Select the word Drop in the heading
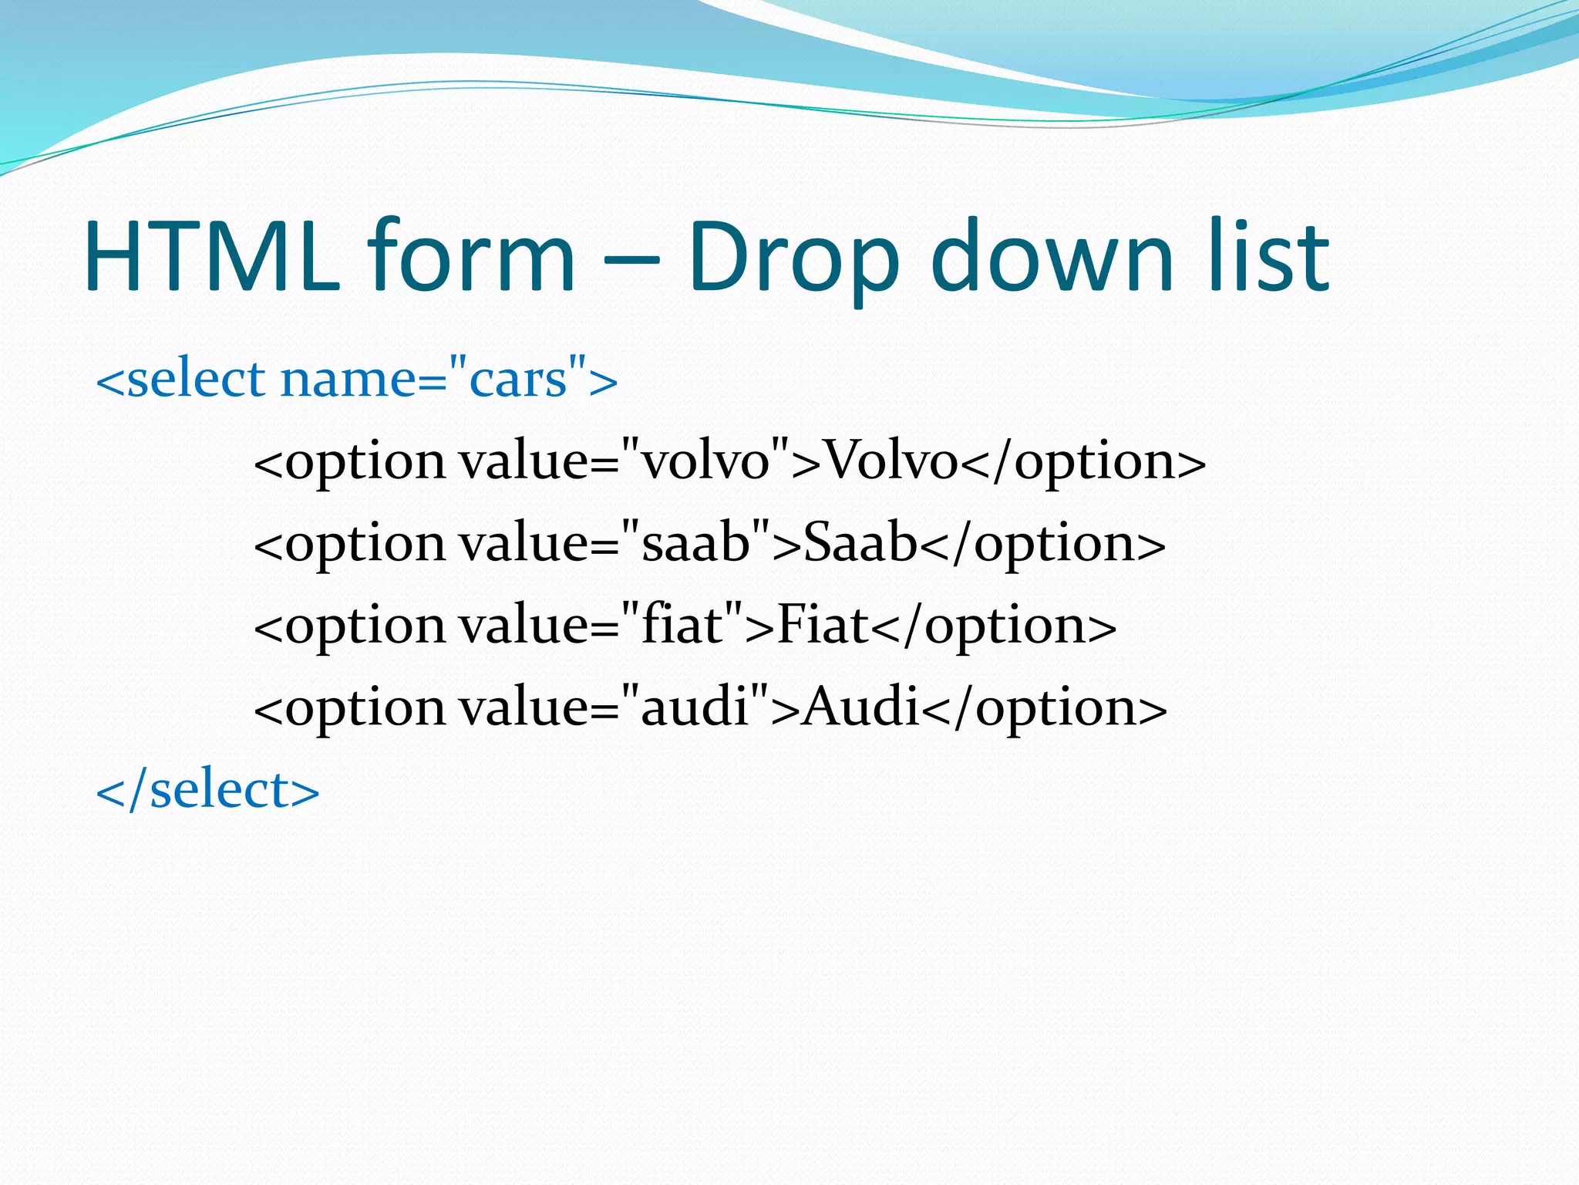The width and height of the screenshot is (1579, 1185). point(794,258)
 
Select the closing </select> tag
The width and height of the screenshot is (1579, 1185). point(207,790)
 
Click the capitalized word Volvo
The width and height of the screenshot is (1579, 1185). point(891,461)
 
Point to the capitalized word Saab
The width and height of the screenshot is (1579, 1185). point(860,543)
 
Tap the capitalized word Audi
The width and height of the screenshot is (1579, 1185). point(861,707)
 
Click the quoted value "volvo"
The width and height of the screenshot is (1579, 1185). point(705,461)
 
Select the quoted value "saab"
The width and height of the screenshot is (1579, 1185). point(695,543)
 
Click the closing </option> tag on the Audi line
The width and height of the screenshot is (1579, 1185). point(1045,708)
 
